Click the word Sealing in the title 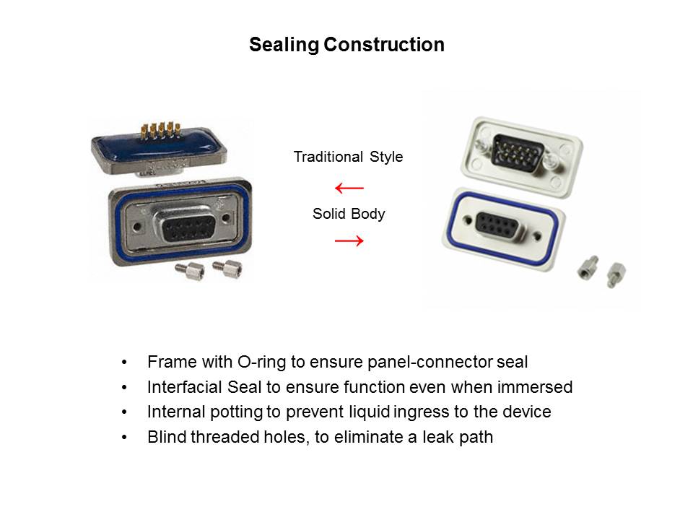tap(284, 45)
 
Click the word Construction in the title tap(384, 45)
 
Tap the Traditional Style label tap(348, 157)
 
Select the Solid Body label tap(349, 214)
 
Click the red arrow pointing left tap(349, 188)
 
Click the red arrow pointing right tap(349, 241)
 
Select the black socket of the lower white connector tap(497, 225)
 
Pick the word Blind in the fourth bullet tap(166, 437)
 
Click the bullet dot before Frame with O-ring tap(124, 363)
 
